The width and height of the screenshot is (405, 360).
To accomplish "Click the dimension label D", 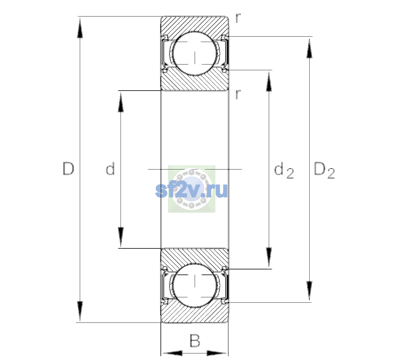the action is point(69,169).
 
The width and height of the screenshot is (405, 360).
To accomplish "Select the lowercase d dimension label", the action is point(110,169).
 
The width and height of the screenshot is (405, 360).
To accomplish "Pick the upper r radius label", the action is point(238,18).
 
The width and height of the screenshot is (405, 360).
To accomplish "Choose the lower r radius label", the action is point(238,94).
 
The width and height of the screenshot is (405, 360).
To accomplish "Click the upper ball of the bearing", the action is point(195,54).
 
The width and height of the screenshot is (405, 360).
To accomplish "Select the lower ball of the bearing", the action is point(195,285).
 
